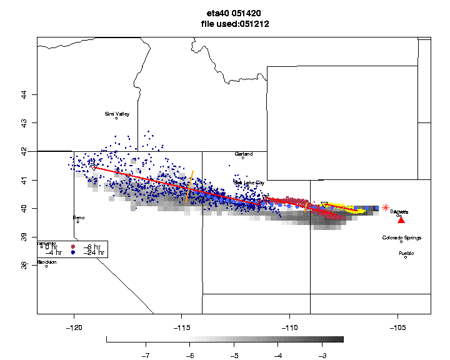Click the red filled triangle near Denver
(401, 219)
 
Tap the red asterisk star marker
(386, 207)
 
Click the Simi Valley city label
(117, 114)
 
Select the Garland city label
(244, 154)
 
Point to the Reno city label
(79, 217)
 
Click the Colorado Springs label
(402, 237)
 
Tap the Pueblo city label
(406, 253)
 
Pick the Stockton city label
(47, 262)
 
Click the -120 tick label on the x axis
(74, 327)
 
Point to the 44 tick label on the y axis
(24, 94)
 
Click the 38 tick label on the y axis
(24, 265)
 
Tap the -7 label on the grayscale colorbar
(146, 354)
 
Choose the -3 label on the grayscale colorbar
(322, 354)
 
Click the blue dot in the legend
(72, 253)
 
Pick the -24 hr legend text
(94, 253)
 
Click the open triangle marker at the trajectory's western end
(93, 167)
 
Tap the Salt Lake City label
(249, 182)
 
